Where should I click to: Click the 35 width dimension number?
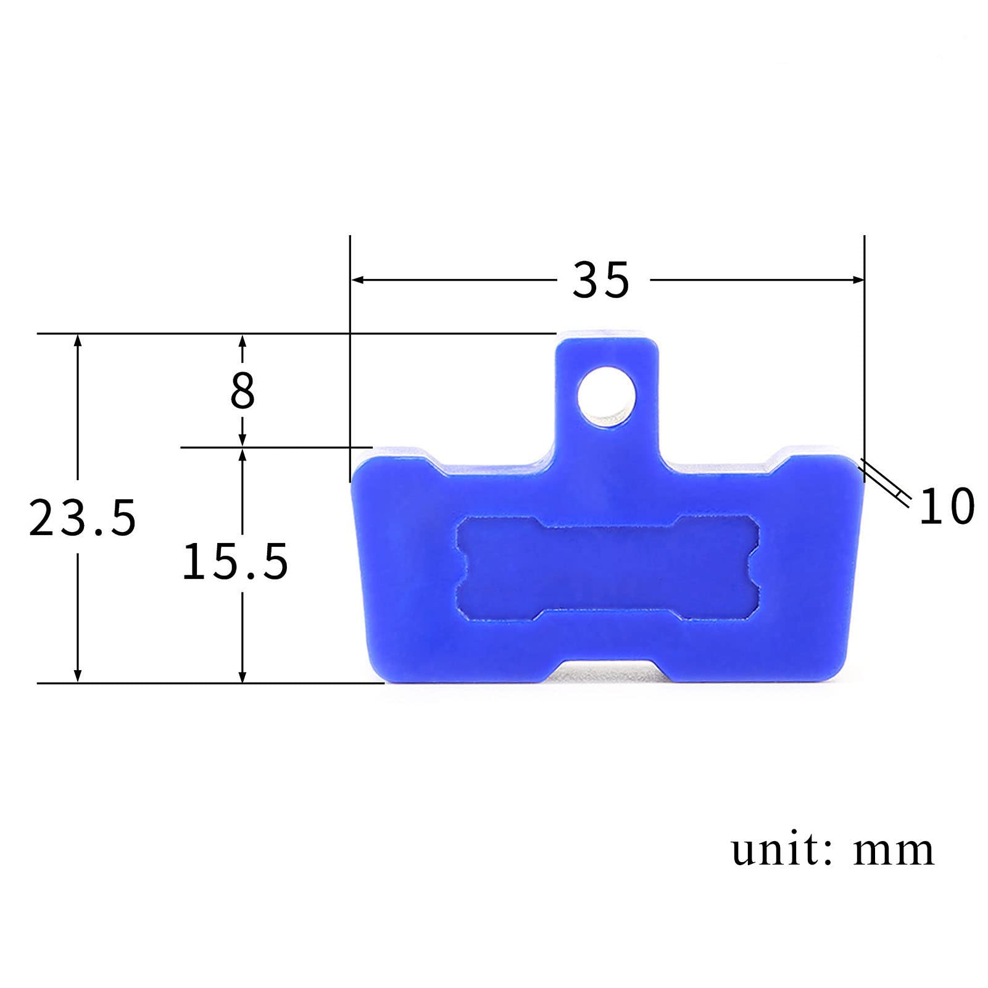[x=601, y=280]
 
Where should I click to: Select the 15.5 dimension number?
[x=235, y=561]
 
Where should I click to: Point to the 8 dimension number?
[x=243, y=391]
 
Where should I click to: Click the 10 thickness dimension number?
[x=947, y=505]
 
